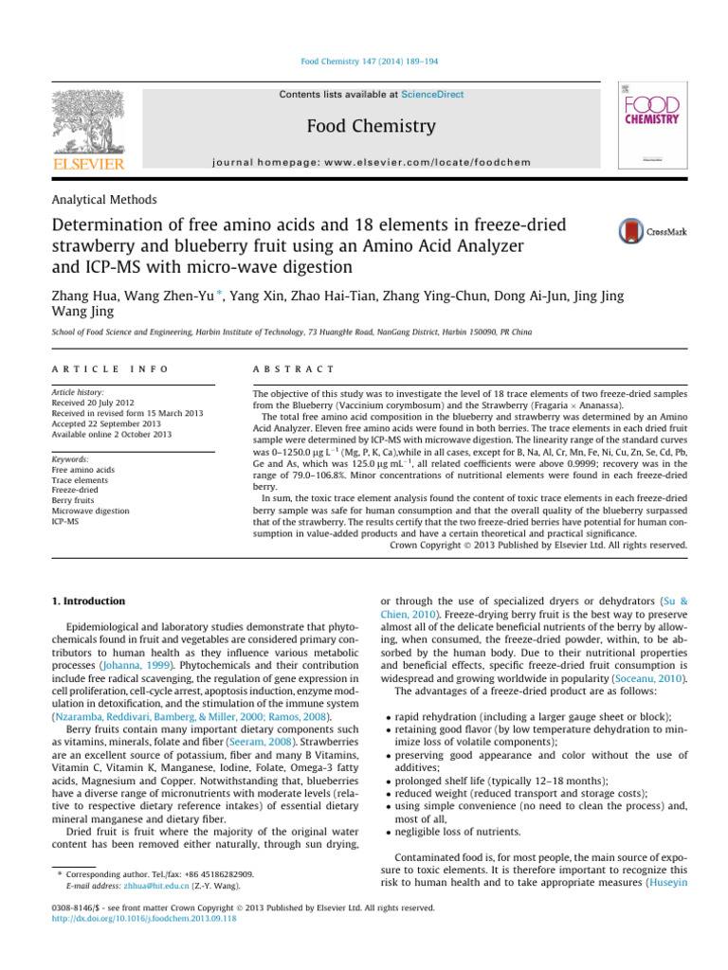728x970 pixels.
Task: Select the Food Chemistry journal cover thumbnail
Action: (x=654, y=125)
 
